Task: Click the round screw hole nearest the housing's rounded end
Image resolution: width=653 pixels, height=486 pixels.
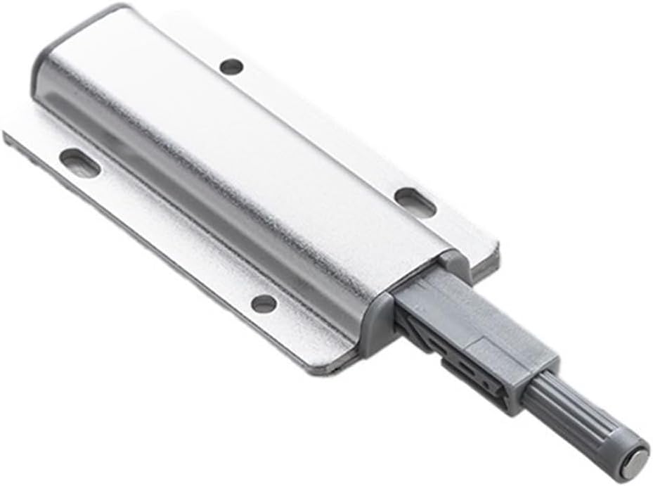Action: [x=231, y=67]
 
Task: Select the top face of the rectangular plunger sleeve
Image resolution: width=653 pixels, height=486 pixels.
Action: [x=478, y=309]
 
